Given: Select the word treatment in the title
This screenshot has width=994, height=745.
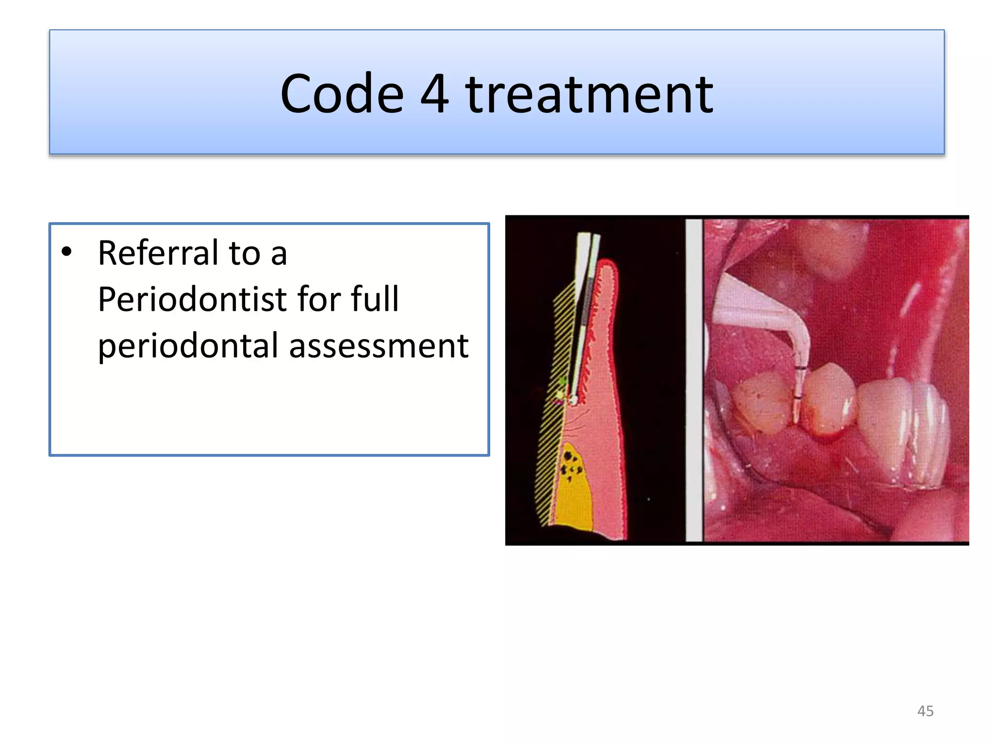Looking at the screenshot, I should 589,95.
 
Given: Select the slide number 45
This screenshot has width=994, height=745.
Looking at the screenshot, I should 925,711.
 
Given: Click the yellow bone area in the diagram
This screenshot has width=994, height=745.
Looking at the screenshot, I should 575,500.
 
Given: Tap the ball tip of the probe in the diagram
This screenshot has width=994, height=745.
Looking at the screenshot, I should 573,401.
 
